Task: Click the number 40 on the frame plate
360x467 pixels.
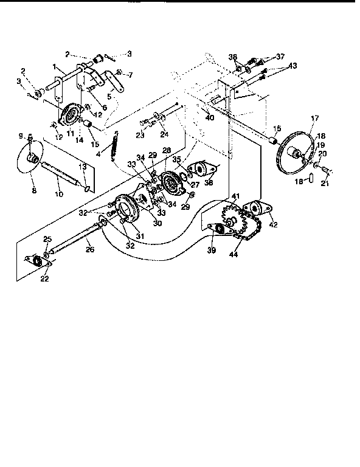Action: coord(210,117)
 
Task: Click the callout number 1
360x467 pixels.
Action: coord(55,66)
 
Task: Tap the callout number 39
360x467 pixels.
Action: coord(211,250)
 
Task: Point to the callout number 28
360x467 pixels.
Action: coord(165,150)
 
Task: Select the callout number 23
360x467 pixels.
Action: coord(140,136)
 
